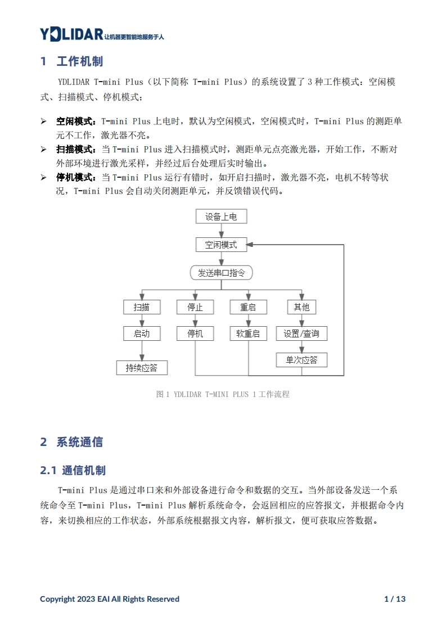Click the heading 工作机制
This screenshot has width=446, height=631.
(x=79, y=61)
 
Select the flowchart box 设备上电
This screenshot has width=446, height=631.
(x=221, y=217)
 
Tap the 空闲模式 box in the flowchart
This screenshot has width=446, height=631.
(x=221, y=245)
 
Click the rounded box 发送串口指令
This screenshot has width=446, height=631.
(x=221, y=273)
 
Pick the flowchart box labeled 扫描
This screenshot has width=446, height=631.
(x=142, y=307)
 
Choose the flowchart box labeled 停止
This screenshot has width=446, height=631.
(x=195, y=307)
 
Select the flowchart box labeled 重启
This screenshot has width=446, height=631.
(x=248, y=307)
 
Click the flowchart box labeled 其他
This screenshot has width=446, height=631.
(x=301, y=307)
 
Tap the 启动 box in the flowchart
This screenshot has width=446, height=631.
(x=142, y=333)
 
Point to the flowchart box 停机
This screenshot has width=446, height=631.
(x=195, y=333)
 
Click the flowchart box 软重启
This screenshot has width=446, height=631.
(x=248, y=333)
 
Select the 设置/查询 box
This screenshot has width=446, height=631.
(x=301, y=333)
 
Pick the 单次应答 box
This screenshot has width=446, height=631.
(x=301, y=360)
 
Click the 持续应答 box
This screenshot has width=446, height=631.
(x=142, y=368)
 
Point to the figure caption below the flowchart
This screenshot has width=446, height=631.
(x=223, y=394)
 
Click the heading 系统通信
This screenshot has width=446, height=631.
(x=79, y=442)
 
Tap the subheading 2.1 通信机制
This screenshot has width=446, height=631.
(x=73, y=470)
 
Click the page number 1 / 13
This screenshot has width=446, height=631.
(x=394, y=599)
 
